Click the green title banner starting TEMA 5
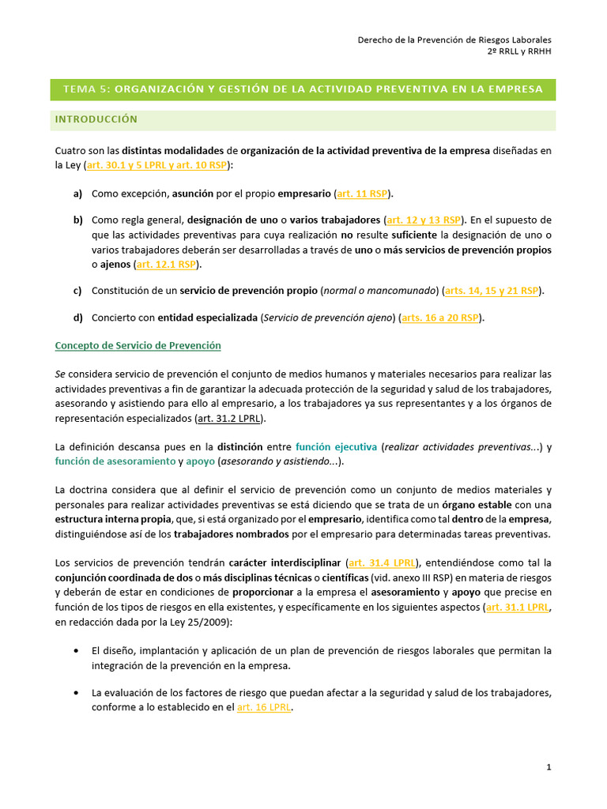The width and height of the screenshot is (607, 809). click(303, 89)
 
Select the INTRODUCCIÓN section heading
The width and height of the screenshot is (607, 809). click(96, 119)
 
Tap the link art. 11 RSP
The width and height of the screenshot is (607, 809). click(364, 193)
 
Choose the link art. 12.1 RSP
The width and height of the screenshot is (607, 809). click(167, 264)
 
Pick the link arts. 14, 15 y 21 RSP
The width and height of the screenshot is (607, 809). click(492, 291)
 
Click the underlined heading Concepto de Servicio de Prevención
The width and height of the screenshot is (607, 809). click(138, 346)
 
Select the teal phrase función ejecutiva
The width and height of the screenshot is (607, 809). click(336, 446)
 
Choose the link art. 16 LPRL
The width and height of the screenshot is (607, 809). click(264, 708)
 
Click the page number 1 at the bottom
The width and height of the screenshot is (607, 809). click(549, 767)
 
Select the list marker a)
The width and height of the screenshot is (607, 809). click(77, 193)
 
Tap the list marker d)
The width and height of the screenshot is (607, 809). click(77, 318)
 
